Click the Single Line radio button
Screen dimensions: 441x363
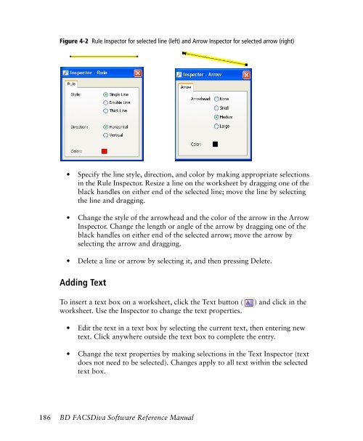point(106,94)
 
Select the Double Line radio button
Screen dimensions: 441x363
point(106,103)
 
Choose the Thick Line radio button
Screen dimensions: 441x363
point(106,113)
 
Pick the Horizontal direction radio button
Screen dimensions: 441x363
point(106,126)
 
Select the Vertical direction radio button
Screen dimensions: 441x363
point(106,135)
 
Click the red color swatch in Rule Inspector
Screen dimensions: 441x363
point(105,151)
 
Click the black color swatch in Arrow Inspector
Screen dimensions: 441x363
point(214,144)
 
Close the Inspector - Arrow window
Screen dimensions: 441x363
point(246,74)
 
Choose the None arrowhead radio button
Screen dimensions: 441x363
point(218,97)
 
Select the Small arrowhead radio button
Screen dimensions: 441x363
point(218,107)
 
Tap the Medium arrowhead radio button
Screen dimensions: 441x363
point(218,116)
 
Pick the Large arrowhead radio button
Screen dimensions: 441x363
point(218,126)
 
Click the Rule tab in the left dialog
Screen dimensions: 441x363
point(71,84)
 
